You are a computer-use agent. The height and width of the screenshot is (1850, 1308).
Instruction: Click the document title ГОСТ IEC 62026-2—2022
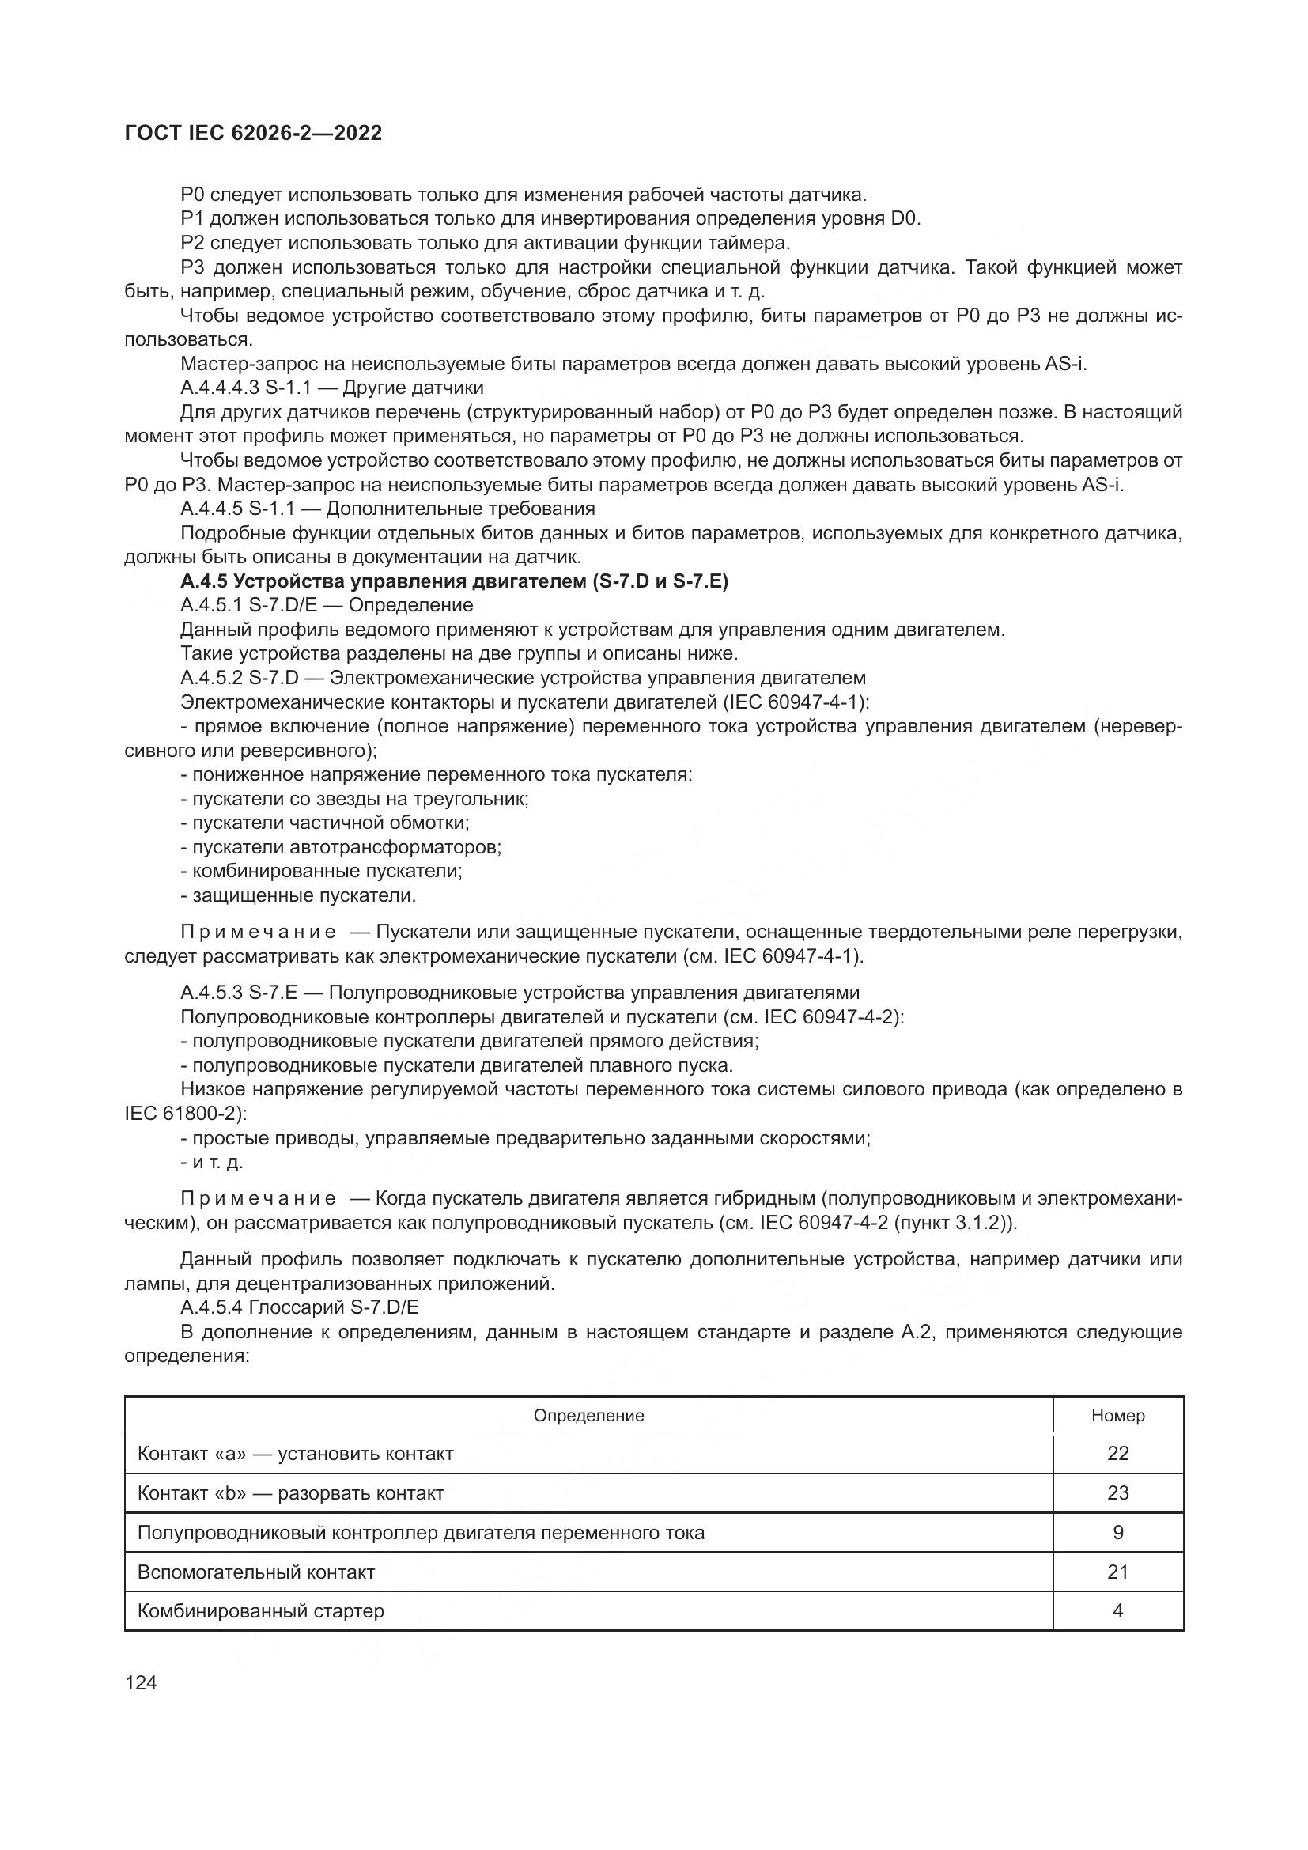click(x=253, y=133)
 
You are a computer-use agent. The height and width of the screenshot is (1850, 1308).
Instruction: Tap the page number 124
click(x=141, y=1683)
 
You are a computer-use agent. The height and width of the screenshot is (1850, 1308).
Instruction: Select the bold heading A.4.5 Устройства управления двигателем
click(x=454, y=581)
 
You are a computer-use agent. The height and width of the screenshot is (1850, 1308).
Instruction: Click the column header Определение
click(x=589, y=1416)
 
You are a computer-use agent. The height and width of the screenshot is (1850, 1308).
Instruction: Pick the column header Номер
click(x=1118, y=1416)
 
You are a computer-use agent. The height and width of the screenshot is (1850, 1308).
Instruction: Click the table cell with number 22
click(x=1118, y=1454)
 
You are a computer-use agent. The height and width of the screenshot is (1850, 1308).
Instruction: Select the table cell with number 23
click(x=1118, y=1493)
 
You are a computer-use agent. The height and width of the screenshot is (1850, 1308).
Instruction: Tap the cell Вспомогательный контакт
click(x=256, y=1572)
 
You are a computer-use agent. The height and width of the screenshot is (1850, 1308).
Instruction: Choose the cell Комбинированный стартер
click(x=261, y=1611)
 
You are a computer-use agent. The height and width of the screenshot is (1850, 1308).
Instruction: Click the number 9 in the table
click(x=1118, y=1533)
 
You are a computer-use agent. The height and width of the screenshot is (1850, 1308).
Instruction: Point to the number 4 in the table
click(x=1118, y=1611)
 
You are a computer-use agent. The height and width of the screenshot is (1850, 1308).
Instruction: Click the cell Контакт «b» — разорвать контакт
click(x=291, y=1493)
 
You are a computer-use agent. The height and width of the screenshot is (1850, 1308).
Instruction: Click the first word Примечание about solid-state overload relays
click(x=258, y=933)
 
